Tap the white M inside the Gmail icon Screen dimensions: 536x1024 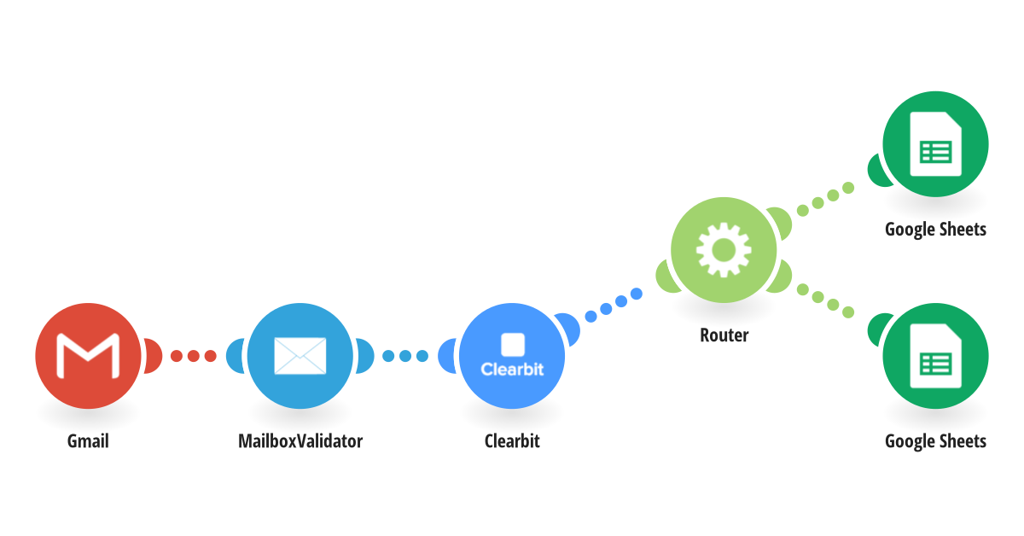(x=88, y=357)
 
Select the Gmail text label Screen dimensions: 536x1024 (x=88, y=441)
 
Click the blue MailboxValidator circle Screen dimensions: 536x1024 (x=300, y=355)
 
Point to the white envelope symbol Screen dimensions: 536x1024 (x=300, y=355)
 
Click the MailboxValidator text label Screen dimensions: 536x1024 (x=300, y=441)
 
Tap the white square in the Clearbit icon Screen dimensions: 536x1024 (x=512, y=344)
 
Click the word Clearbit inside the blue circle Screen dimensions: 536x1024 (x=512, y=370)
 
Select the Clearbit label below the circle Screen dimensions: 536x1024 (x=512, y=441)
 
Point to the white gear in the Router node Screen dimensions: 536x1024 (x=724, y=249)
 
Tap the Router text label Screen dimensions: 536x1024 (x=724, y=335)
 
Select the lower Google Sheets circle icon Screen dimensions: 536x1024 (x=935, y=355)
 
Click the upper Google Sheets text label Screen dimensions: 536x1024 (x=935, y=230)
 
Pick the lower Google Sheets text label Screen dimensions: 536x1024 (x=935, y=441)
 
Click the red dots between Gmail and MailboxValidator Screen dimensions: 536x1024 (x=194, y=356)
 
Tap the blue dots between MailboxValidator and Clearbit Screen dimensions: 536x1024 (x=405, y=356)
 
